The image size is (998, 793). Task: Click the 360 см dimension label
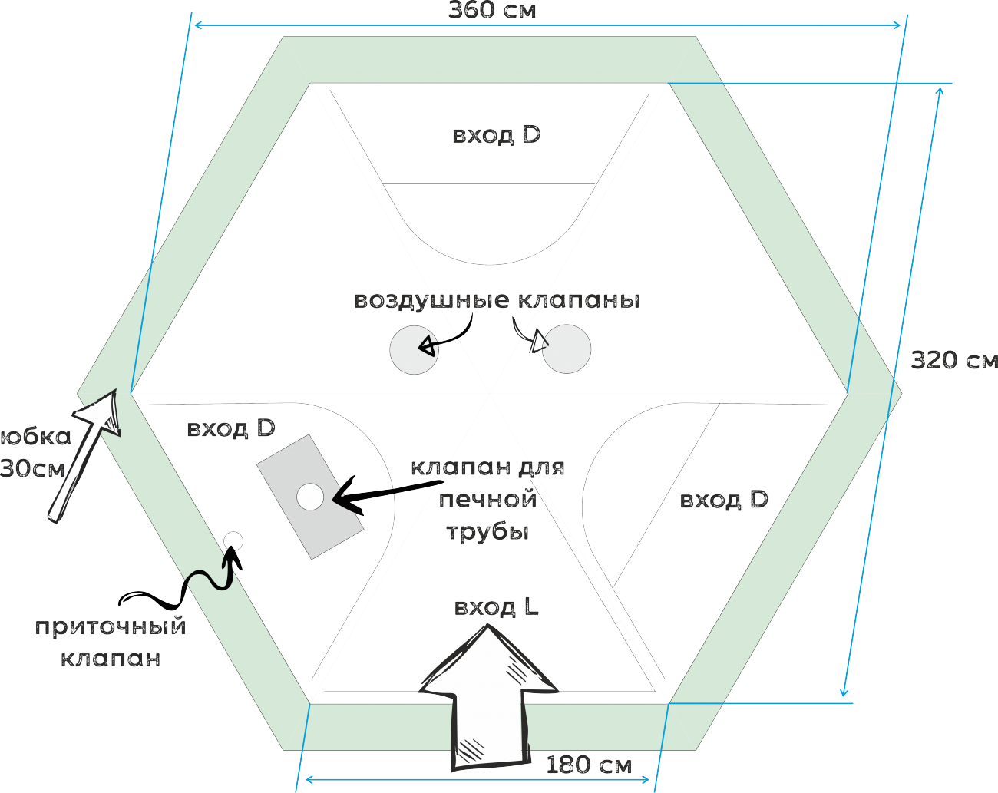[492, 11]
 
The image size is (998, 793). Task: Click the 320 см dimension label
[953, 360]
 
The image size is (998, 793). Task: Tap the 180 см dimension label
[589, 765]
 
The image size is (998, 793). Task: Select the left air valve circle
[414, 350]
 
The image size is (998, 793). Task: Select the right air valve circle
[567, 349]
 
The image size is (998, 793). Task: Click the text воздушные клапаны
[496, 300]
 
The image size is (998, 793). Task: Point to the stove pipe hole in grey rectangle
[310, 497]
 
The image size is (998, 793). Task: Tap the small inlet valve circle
[233, 540]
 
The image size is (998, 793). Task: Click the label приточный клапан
[111, 642]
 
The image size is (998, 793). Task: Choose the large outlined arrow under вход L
[489, 699]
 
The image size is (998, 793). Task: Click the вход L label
[496, 607]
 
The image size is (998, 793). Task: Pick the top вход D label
[496, 135]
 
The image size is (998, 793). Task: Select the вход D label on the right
[723, 500]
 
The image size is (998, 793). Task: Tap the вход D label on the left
[230, 428]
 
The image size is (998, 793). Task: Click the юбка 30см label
[35, 452]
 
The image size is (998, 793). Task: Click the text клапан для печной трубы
[487, 499]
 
